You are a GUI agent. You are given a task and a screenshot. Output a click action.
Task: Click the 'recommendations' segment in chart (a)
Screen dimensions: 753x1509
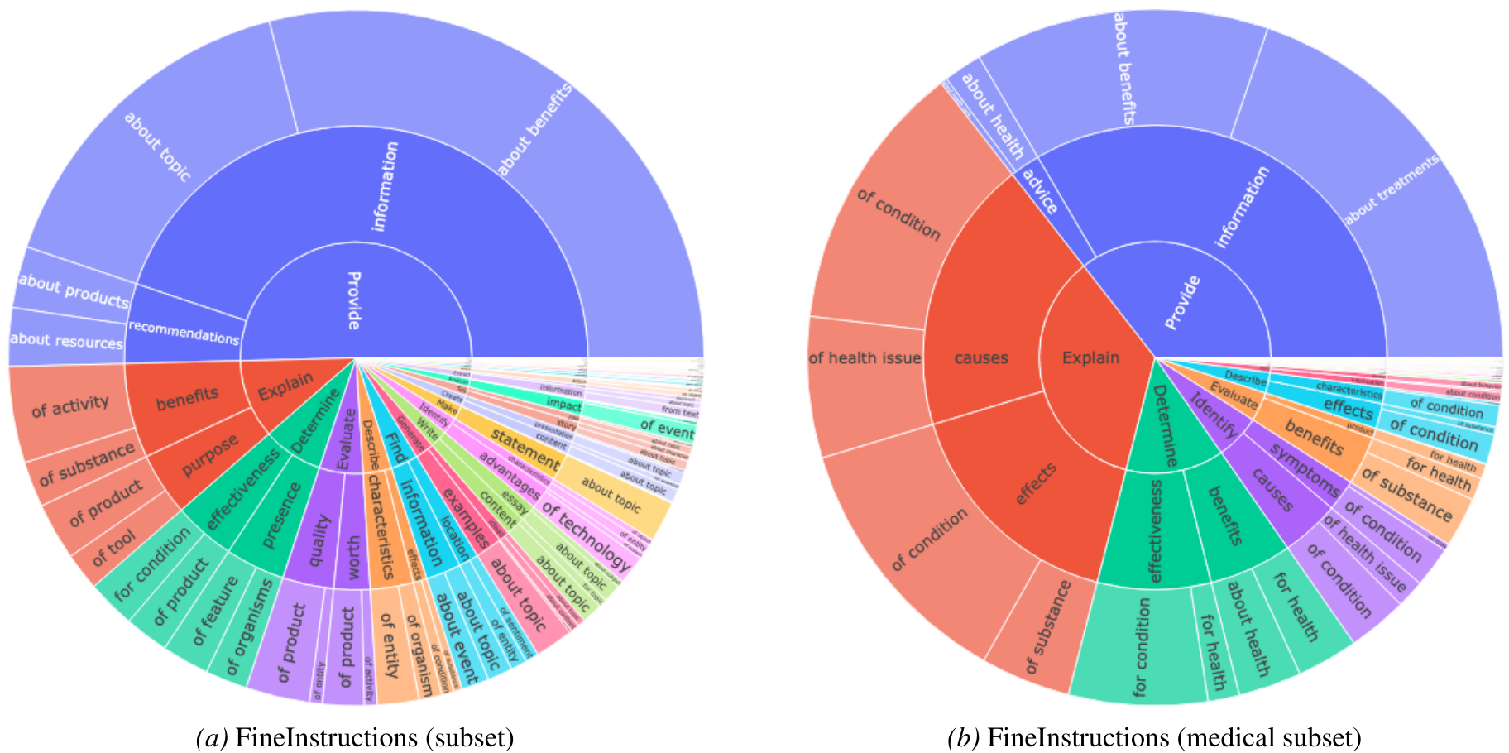coord(184,332)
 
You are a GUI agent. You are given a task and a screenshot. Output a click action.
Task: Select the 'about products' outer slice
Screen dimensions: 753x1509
coord(73,290)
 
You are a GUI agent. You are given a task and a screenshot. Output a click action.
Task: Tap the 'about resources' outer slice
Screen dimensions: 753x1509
coord(66,339)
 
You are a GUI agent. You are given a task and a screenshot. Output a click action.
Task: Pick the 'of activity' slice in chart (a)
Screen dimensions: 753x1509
coord(70,406)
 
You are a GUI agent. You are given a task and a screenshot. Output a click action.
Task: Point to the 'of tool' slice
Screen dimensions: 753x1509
coord(114,548)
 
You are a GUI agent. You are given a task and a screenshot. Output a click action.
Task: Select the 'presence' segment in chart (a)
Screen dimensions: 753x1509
coord(280,516)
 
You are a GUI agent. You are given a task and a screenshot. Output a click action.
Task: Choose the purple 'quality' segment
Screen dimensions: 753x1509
coord(319,540)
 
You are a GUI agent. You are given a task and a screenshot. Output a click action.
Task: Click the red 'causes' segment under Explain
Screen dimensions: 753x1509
coord(981,357)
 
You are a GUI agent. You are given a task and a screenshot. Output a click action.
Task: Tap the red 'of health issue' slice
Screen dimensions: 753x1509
coord(865,358)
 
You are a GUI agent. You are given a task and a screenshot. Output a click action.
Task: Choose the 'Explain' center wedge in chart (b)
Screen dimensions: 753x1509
coord(1090,357)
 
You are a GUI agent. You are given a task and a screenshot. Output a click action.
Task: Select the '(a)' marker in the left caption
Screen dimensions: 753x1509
coord(212,736)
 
